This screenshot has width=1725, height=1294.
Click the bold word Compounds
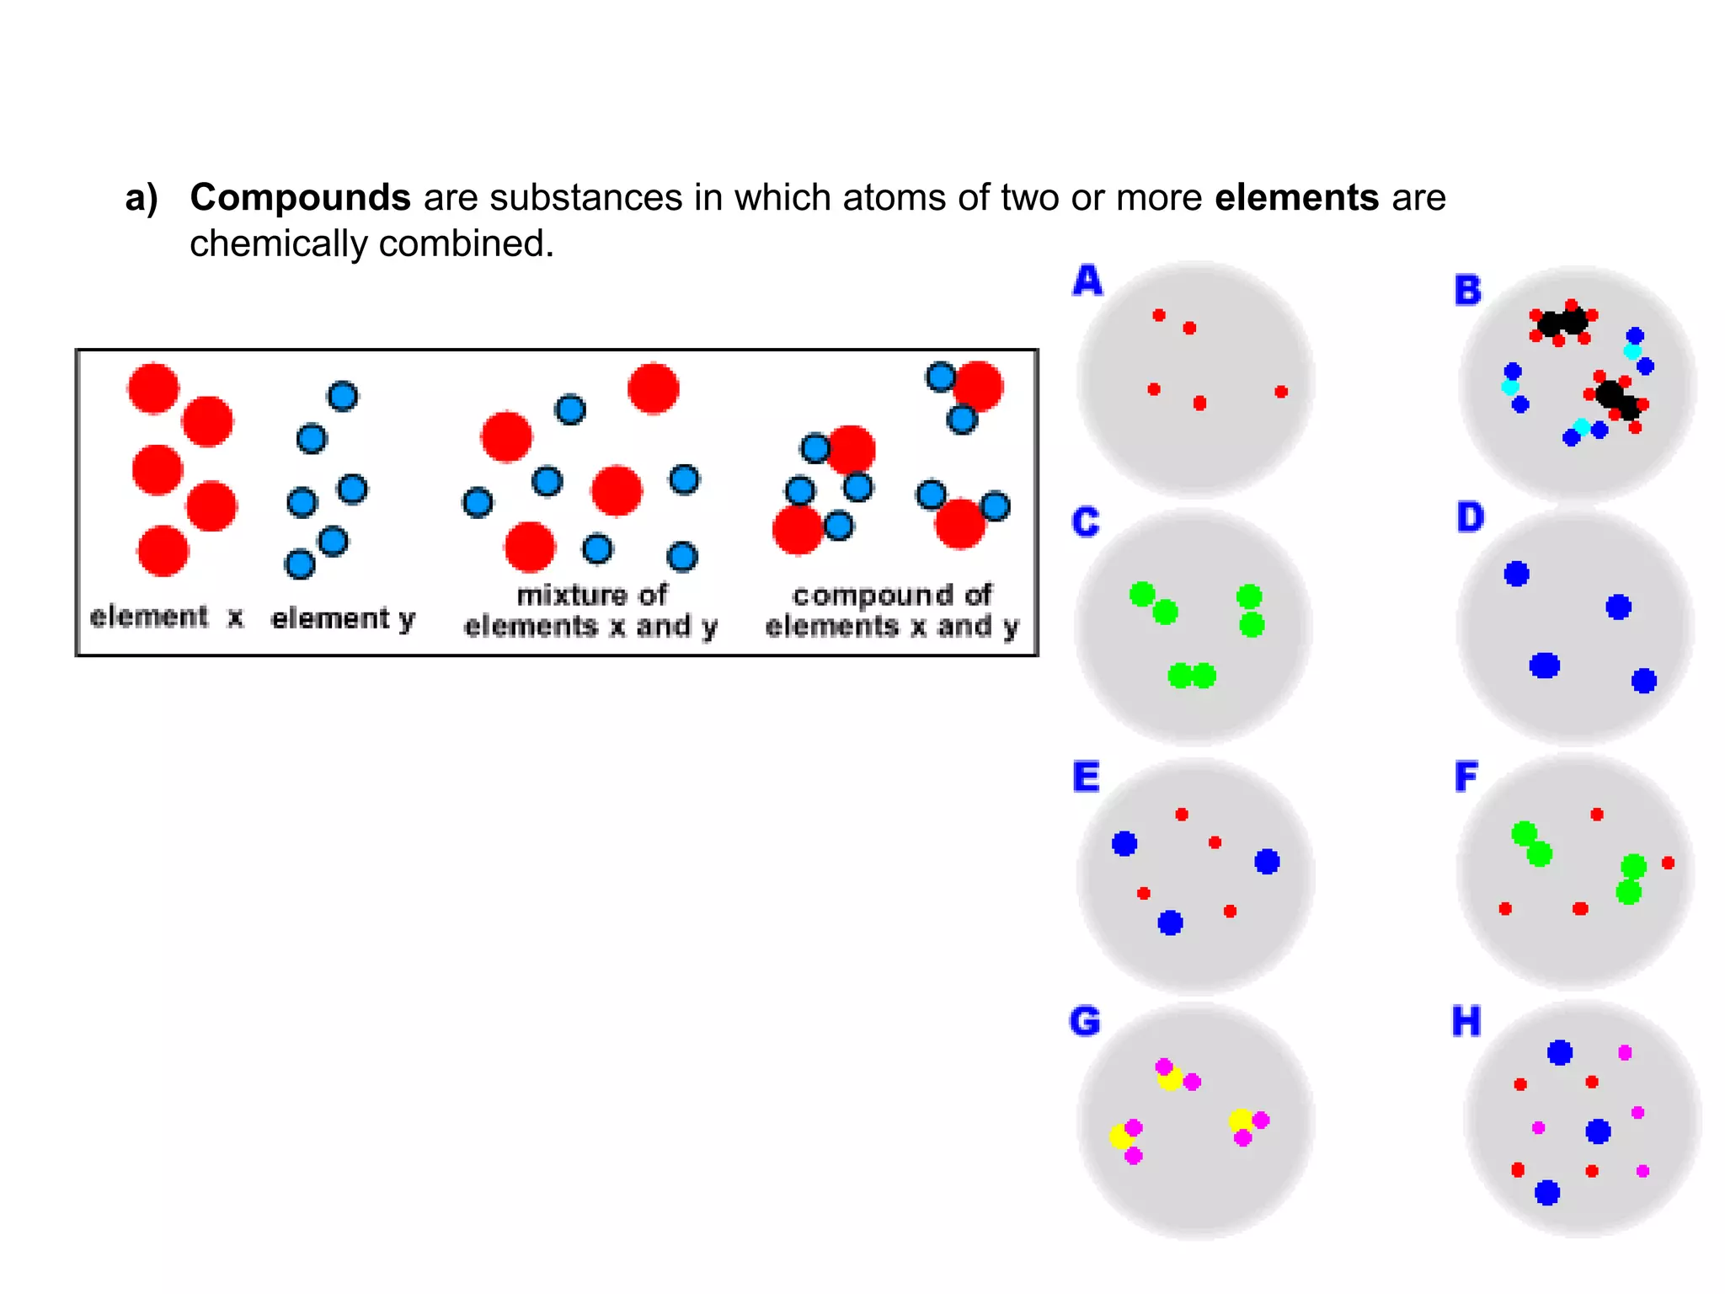[300, 199]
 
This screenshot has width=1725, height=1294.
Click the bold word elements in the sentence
[1296, 198]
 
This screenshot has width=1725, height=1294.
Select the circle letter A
[1087, 281]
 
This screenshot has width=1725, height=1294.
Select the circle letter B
[1468, 291]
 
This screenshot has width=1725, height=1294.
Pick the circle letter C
[1086, 522]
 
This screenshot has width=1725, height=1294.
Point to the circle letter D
[1470, 517]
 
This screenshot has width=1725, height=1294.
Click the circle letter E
[1087, 777]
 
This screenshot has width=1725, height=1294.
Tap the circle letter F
[1466, 777]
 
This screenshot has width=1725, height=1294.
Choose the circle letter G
[1085, 1022]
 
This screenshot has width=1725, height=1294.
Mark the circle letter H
[1466, 1022]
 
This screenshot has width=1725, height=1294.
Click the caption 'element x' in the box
[167, 618]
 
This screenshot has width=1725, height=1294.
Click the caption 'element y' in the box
[343, 619]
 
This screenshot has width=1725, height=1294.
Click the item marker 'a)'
[142, 199]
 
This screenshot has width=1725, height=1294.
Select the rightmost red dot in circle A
[1281, 392]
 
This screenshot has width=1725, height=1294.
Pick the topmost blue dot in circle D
[1516, 574]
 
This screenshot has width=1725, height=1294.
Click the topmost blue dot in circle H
[1560, 1052]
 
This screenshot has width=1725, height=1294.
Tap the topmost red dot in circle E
[1182, 815]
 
